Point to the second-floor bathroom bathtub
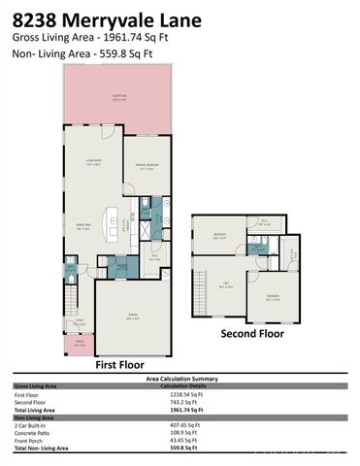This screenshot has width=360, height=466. (259, 224)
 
